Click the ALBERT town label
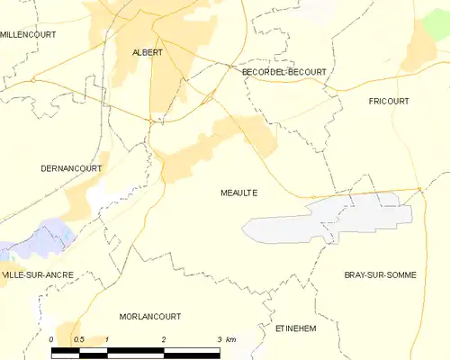click(x=148, y=52)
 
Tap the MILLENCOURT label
click(x=28, y=33)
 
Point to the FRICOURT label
click(x=390, y=102)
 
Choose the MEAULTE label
click(x=238, y=193)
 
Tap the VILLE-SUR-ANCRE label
click(x=37, y=274)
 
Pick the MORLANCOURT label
click(x=150, y=317)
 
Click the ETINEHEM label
click(x=296, y=329)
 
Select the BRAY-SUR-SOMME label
click(x=380, y=274)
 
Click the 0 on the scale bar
click(x=52, y=339)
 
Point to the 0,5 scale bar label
click(x=78, y=339)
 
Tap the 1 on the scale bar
click(x=107, y=339)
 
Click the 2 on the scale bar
click(x=163, y=339)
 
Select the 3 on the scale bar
click(x=219, y=339)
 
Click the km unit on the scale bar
click(x=231, y=339)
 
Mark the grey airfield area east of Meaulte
click(x=333, y=220)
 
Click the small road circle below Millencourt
click(x=32, y=80)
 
